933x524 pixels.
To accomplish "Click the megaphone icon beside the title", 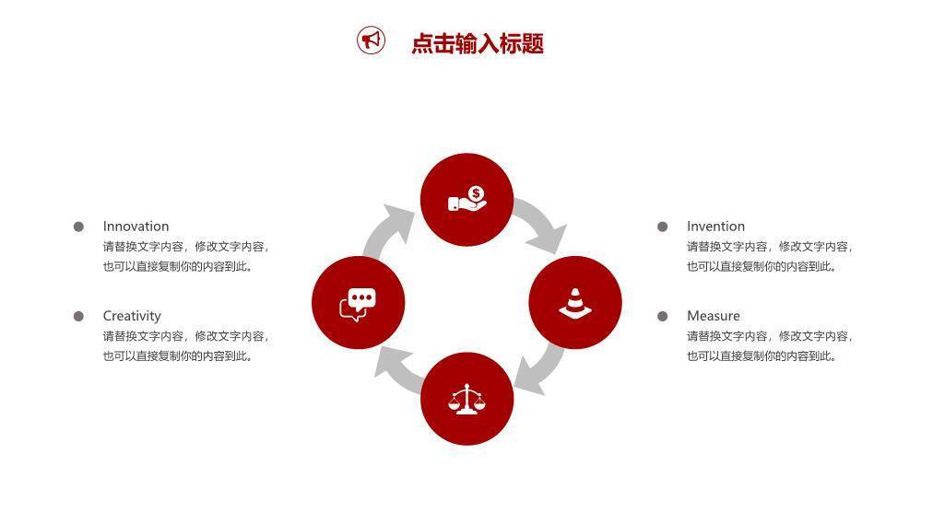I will pyautogui.click(x=371, y=41).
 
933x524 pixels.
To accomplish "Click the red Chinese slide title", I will pyautogui.click(x=477, y=43).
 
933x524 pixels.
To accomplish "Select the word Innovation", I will pyautogui.click(x=136, y=227).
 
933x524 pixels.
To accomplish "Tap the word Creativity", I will pyautogui.click(x=132, y=316).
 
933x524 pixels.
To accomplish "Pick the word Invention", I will pyautogui.click(x=715, y=227).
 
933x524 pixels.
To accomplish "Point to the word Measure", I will pyautogui.click(x=713, y=316).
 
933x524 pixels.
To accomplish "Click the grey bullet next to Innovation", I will pyautogui.click(x=79, y=227).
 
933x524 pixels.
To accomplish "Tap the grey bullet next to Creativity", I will pyautogui.click(x=79, y=316).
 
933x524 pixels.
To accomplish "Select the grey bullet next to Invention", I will pyautogui.click(x=662, y=227).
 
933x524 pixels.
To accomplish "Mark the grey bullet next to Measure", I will pyautogui.click(x=662, y=316).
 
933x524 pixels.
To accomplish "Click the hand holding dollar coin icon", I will pyautogui.click(x=466, y=200).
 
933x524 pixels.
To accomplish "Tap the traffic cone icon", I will pyautogui.click(x=575, y=303).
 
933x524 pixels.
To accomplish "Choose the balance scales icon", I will pyautogui.click(x=466, y=400).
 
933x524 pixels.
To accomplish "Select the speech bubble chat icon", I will pyautogui.click(x=358, y=303).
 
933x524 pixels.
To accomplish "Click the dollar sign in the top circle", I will pyautogui.click(x=476, y=193).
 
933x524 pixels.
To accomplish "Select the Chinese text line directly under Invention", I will pyautogui.click(x=770, y=247).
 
